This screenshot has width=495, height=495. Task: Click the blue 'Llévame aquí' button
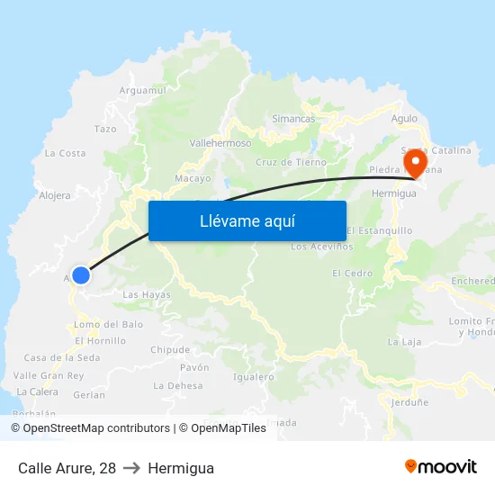(247, 220)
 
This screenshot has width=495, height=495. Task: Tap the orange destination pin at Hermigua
(416, 163)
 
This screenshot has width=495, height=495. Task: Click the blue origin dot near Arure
(81, 275)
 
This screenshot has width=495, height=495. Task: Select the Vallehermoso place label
(220, 142)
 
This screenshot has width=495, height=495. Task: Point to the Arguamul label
(143, 90)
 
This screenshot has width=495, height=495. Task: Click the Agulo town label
(404, 118)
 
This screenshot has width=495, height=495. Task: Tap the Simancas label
(293, 118)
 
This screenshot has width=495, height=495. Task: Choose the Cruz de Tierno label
(291, 162)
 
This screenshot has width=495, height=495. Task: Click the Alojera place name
(55, 194)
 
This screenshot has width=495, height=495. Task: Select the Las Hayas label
(146, 294)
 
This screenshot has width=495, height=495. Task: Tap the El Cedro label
(352, 273)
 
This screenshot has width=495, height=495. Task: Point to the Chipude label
(170, 349)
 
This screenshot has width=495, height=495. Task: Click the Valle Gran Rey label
(49, 375)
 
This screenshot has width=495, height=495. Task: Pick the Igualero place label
(253, 377)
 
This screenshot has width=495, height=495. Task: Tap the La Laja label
(404, 342)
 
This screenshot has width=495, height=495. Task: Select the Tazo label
(105, 129)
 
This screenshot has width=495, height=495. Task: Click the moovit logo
(441, 466)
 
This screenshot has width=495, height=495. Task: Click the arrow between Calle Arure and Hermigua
(132, 468)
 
